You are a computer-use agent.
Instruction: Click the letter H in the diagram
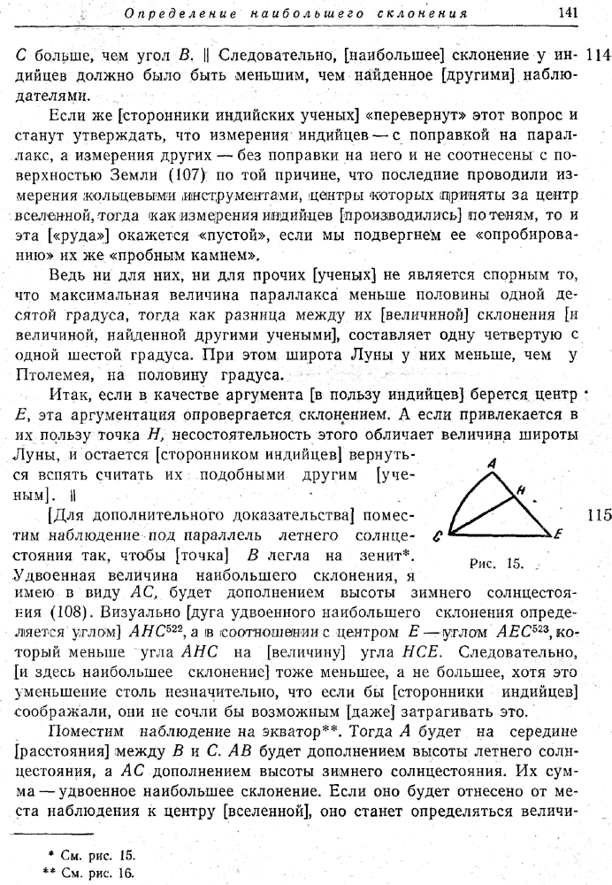[x=521, y=489]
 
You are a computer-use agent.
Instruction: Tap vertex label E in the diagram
[x=558, y=535]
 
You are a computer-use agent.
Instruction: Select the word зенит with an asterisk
[x=385, y=554]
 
